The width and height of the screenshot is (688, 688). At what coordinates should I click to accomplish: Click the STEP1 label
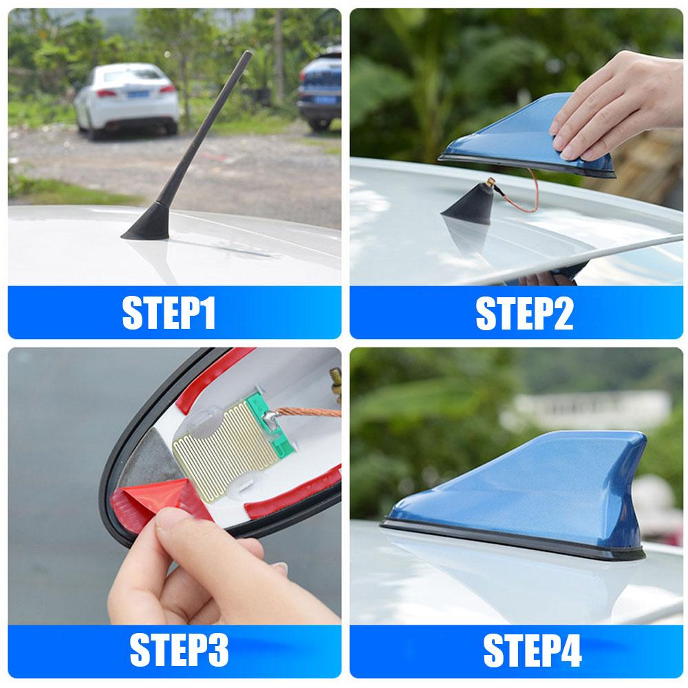[x=169, y=313]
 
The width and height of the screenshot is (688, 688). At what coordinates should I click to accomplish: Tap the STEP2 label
[x=524, y=313]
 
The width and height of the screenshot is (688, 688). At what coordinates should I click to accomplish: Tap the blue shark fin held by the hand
[x=509, y=141]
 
